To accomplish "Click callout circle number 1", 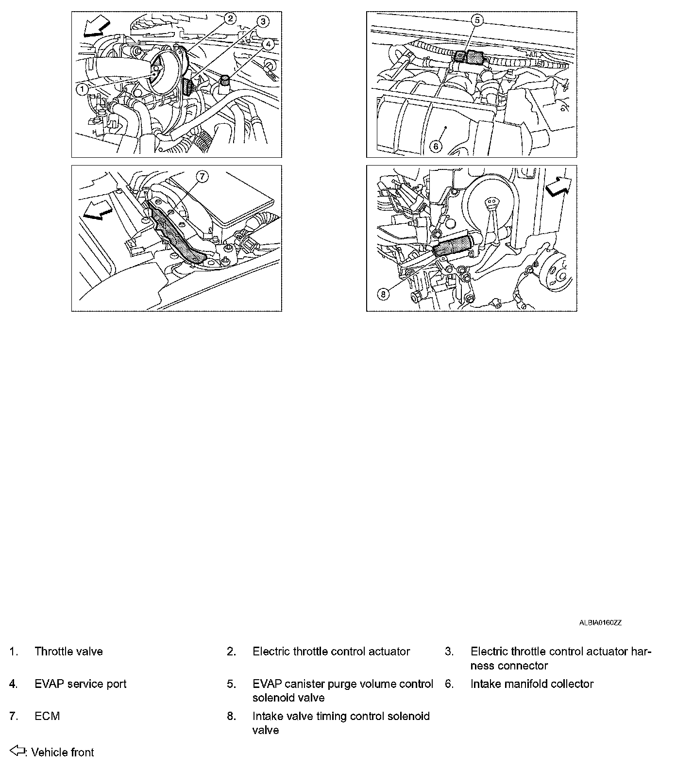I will tap(82, 89).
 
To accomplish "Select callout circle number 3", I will tap(262, 21).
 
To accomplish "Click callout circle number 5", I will tap(477, 20).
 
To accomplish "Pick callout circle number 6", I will tap(436, 146).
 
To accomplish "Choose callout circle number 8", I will tap(383, 294).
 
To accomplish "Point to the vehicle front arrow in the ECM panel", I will tap(97, 212).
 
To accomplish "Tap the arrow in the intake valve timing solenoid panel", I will tap(558, 186).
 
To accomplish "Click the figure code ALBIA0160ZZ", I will tap(600, 622).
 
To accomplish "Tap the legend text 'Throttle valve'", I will tap(68, 652).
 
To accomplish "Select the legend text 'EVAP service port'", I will tap(80, 684).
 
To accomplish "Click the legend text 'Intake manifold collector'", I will tap(532, 684).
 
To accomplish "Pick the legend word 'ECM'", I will tap(47, 716).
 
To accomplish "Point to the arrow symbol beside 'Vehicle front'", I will tap(18, 752).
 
